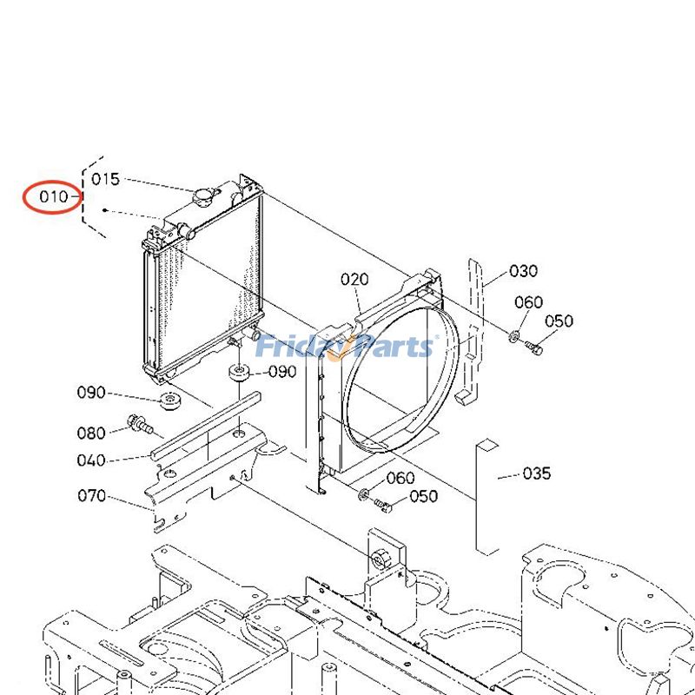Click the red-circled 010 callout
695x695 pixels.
(53, 197)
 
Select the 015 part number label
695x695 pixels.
(105, 179)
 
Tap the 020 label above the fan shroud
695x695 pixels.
(354, 279)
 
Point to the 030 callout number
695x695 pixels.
(523, 271)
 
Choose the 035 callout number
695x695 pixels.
(536, 473)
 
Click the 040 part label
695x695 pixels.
(91, 460)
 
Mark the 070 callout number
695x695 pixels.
(91, 496)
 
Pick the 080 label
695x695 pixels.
(91, 433)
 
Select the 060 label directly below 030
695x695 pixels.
(528, 302)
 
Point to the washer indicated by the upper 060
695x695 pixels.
(514, 336)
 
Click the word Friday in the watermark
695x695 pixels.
(300, 347)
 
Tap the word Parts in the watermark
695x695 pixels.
(391, 347)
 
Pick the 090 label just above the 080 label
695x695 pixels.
(91, 393)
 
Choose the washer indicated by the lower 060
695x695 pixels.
(361, 494)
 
